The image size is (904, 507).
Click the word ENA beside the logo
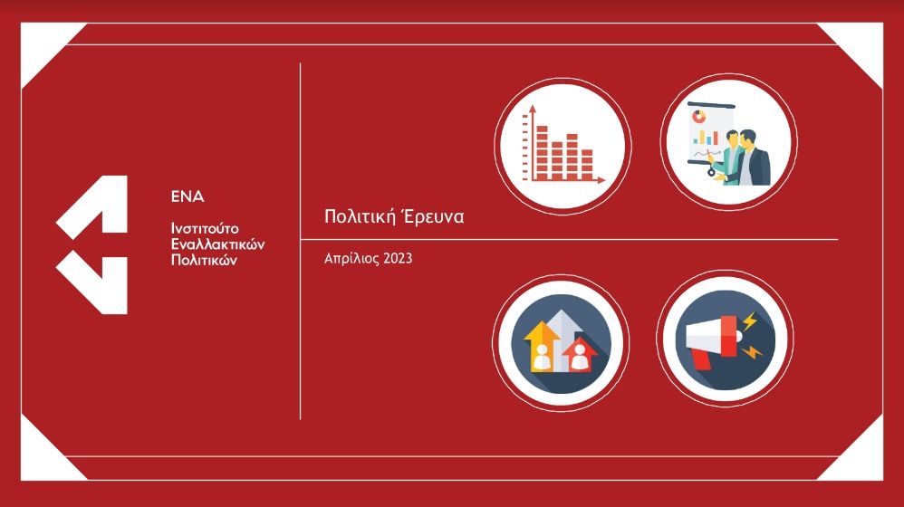[188, 197]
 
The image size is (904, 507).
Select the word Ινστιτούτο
[205, 228]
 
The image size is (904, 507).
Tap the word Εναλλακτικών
[218, 244]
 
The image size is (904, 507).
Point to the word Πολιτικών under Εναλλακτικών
[204, 260]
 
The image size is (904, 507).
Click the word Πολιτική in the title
[360, 216]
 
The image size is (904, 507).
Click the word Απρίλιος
[351, 259]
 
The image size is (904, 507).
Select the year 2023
[398, 258]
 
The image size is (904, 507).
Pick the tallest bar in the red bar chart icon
[542, 153]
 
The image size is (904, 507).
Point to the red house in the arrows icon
[579, 355]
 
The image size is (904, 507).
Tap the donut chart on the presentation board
[698, 117]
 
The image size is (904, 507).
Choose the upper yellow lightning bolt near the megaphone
[749, 320]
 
